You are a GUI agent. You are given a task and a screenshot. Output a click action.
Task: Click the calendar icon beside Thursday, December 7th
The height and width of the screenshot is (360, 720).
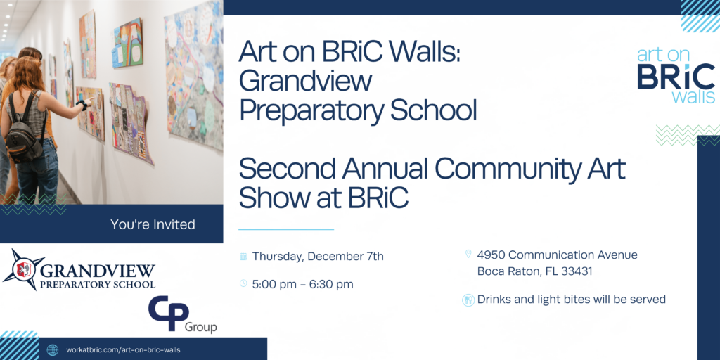243,256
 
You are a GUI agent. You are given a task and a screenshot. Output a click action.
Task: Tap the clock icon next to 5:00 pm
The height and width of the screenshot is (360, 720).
243,284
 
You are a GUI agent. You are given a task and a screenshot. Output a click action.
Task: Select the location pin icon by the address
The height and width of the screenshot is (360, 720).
468,254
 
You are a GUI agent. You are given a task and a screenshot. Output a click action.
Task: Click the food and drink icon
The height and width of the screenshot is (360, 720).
468,300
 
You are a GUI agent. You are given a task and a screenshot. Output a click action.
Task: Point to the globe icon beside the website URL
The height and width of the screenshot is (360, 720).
53,350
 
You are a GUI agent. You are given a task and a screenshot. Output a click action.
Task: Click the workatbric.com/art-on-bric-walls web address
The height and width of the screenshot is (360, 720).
124,350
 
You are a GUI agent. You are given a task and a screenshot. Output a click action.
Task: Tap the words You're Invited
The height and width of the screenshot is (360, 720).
153,224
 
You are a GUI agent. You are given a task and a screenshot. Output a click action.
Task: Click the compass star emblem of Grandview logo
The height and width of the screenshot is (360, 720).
23,269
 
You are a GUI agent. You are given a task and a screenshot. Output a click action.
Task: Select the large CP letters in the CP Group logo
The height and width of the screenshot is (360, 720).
169,314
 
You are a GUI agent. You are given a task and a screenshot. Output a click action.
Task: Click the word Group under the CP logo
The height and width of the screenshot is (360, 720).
200,328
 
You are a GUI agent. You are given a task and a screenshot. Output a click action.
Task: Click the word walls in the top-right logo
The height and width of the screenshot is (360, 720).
693,97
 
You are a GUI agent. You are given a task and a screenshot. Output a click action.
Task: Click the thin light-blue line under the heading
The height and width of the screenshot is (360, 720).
286,229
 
